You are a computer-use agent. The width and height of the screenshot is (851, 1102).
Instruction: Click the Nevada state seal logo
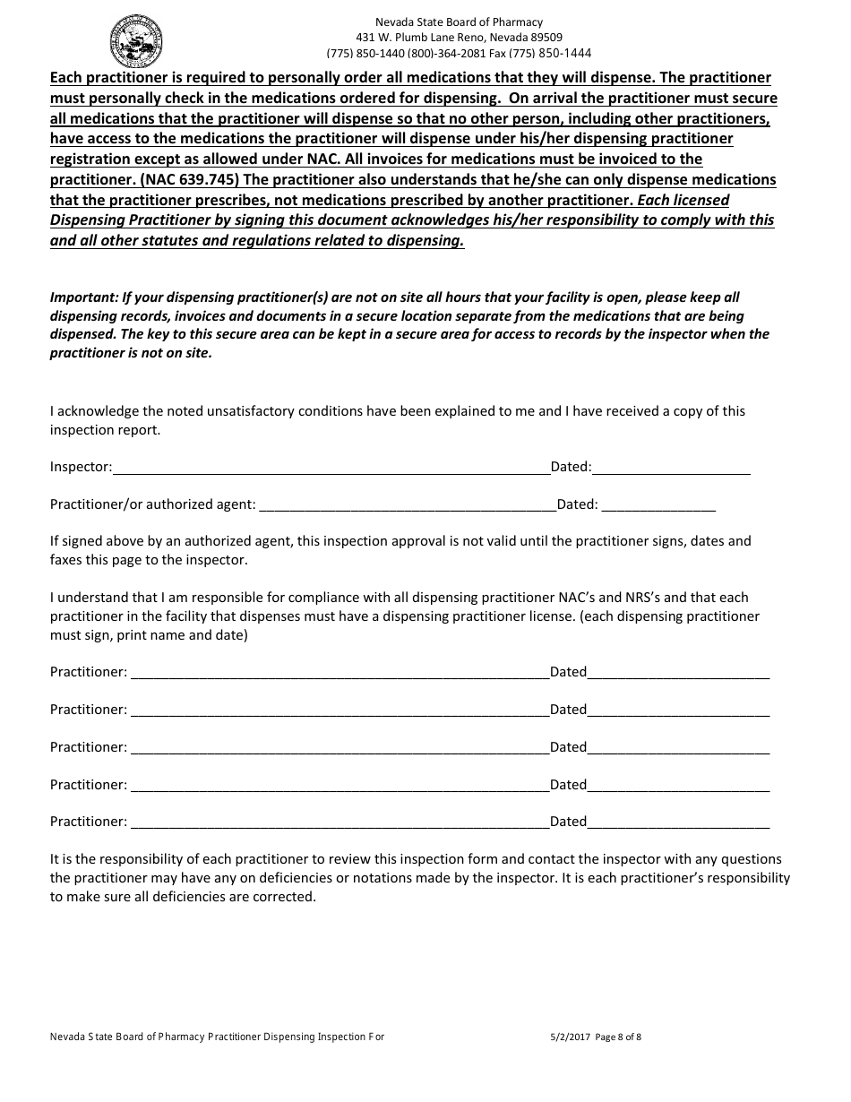(136, 41)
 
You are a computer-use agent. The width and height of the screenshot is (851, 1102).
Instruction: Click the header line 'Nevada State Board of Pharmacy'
(458, 22)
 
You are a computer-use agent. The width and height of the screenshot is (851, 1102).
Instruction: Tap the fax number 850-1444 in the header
(564, 53)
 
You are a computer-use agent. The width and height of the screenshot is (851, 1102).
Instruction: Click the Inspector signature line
(331, 469)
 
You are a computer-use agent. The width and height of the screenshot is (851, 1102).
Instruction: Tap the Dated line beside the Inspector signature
(671, 469)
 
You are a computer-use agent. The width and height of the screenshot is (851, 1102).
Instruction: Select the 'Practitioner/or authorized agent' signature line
(407, 506)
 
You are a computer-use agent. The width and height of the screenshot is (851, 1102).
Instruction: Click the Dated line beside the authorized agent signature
(658, 506)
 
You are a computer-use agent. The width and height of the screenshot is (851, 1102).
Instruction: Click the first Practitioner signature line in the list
(340, 674)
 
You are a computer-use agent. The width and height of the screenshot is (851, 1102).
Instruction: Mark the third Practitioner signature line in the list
(340, 749)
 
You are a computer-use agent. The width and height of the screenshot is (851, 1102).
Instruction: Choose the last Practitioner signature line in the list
(340, 823)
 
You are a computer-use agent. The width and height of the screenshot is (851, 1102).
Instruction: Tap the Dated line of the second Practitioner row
(678, 711)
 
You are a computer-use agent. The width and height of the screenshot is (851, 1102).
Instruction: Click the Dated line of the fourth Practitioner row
(678, 787)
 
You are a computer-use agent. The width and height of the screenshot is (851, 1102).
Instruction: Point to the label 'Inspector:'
(81, 467)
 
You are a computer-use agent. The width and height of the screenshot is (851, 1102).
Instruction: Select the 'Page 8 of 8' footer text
(618, 1037)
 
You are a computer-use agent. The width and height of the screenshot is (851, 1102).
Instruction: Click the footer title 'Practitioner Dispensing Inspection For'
(296, 1037)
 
